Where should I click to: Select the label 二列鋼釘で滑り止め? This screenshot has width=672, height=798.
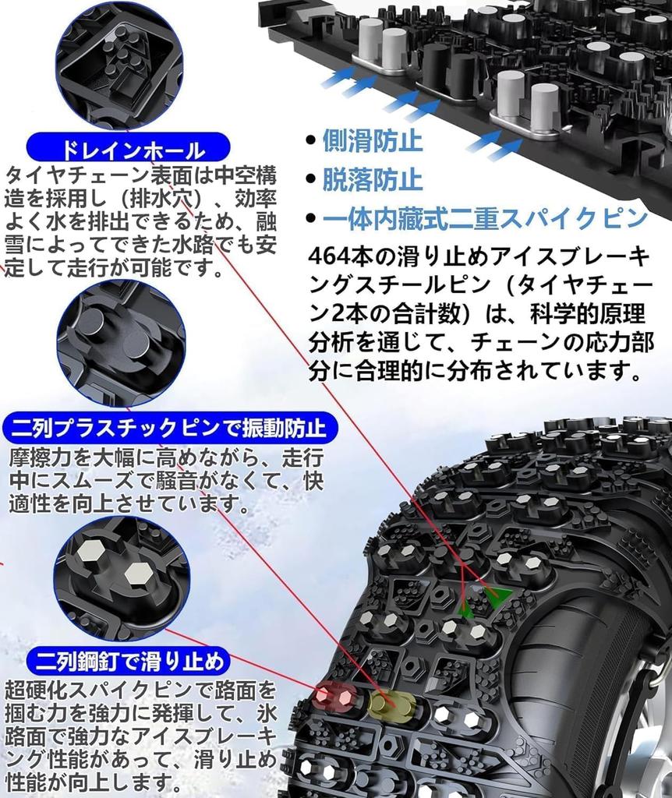(129, 661)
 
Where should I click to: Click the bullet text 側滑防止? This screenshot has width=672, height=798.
(373, 141)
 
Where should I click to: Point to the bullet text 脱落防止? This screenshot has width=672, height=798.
(373, 179)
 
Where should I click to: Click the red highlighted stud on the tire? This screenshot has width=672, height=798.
(334, 694)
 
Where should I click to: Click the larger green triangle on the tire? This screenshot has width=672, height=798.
(495, 598)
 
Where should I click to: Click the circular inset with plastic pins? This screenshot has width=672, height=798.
(121, 343)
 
